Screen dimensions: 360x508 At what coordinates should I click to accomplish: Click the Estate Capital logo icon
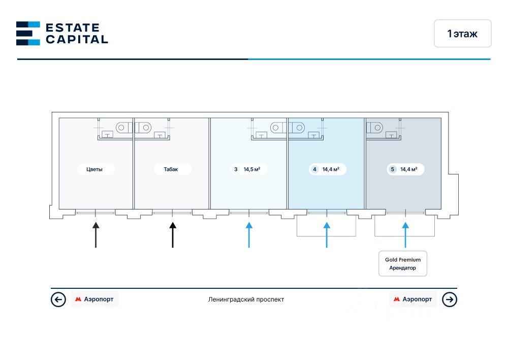click(28, 34)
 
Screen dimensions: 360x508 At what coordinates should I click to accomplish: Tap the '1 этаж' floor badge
click(462, 34)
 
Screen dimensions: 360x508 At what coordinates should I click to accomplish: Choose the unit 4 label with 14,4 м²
click(327, 169)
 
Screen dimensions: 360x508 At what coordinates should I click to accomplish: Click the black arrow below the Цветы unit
click(96, 234)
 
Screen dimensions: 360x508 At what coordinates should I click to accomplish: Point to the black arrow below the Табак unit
click(173, 234)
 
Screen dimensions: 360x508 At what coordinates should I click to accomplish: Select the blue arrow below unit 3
click(249, 234)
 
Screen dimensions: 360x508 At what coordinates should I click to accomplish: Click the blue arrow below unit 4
click(327, 234)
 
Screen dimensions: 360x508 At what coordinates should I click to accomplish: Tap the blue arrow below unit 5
click(405, 234)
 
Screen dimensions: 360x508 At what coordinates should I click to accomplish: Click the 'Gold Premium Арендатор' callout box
click(403, 263)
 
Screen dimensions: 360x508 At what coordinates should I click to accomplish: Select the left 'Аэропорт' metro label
click(95, 299)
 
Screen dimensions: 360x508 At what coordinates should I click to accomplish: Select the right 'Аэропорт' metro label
click(413, 299)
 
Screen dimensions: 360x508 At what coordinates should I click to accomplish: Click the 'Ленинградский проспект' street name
click(246, 299)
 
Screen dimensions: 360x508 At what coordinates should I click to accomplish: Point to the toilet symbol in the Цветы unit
click(123, 127)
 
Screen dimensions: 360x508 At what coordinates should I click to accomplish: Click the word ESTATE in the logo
click(72, 27)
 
